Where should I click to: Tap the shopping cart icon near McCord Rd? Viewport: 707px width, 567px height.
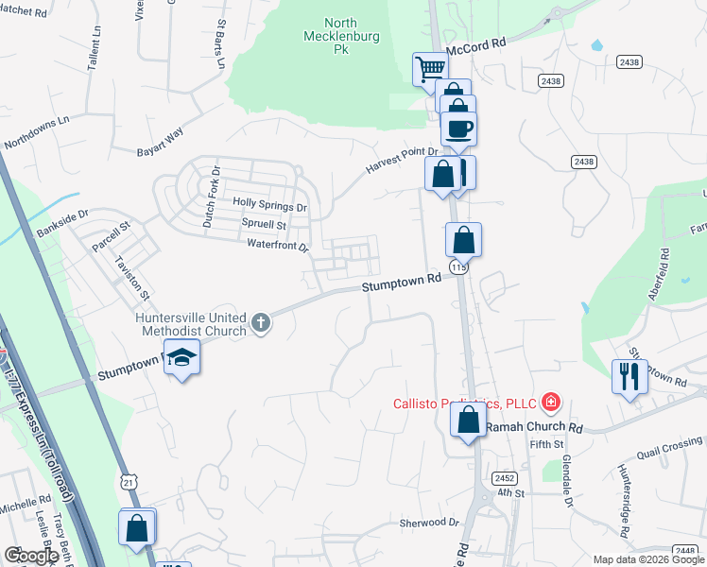coord(430,68)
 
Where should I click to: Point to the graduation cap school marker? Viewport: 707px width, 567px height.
coord(181,360)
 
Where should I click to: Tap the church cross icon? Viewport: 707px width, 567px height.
coord(261,324)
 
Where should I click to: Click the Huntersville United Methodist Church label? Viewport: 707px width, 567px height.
coord(191,324)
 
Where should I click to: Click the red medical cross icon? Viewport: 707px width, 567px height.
coord(550,404)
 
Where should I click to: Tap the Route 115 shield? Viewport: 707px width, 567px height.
coord(459,268)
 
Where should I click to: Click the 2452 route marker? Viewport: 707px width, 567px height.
coord(504,478)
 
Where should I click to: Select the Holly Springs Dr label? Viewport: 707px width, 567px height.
coord(270,205)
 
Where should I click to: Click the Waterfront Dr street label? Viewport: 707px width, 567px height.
coord(278,245)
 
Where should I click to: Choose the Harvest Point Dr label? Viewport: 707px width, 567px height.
coord(403,161)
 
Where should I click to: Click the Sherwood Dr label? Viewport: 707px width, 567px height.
coord(428,523)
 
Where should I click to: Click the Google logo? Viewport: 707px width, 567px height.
coord(31,556)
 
